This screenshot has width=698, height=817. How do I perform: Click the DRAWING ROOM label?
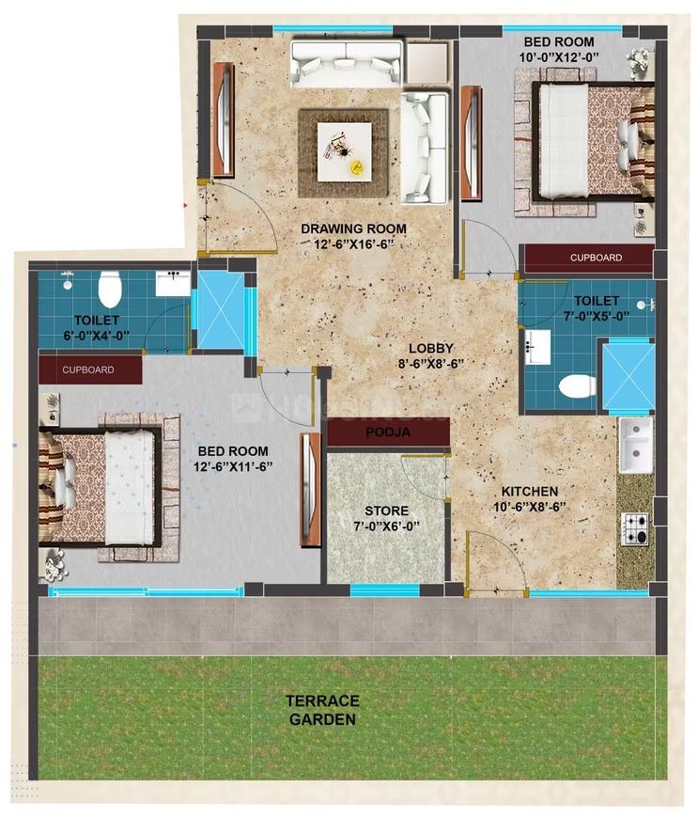pyautogui.click(x=353, y=228)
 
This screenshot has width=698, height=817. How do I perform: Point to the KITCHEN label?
pyautogui.click(x=529, y=492)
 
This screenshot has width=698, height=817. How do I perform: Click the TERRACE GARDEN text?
pyautogui.click(x=323, y=710)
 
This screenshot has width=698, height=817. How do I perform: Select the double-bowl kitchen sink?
pyautogui.click(x=635, y=444)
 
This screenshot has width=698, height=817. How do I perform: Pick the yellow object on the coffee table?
pyautogui.click(x=357, y=167)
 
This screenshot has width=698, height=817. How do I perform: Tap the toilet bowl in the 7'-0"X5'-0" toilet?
pyautogui.click(x=576, y=385)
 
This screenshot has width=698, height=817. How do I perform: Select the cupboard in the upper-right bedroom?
pyautogui.click(x=588, y=258)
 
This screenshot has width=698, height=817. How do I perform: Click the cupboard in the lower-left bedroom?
pyautogui.click(x=89, y=369)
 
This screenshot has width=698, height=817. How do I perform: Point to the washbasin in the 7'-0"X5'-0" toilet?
pyautogui.click(x=538, y=345)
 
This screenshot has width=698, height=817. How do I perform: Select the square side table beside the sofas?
pyautogui.click(x=428, y=62)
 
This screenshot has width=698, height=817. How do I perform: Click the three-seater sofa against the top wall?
pyautogui.click(x=346, y=62)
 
